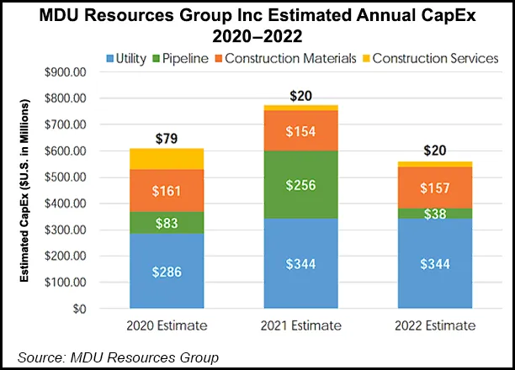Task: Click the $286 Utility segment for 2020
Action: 166,272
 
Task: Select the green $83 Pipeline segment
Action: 166,223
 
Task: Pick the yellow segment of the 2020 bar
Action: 166,159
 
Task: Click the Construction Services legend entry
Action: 428,58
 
